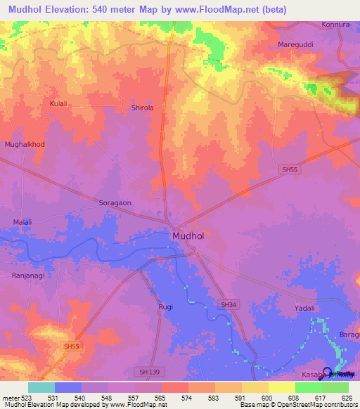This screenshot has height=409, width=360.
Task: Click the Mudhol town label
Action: (x=188, y=236)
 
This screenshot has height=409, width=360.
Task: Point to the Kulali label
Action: (x=58, y=103)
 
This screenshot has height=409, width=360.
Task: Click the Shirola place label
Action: (x=142, y=108)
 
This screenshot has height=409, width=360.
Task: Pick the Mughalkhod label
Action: (x=25, y=144)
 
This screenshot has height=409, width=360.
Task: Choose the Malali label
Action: (x=23, y=222)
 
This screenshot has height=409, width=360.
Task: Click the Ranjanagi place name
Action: (x=28, y=275)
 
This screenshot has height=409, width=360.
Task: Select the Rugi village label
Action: (x=166, y=307)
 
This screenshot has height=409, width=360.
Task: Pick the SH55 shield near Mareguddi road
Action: (x=289, y=169)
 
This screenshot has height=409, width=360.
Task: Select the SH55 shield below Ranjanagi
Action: (x=71, y=346)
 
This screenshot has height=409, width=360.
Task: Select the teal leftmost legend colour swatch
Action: (x=41, y=387)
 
